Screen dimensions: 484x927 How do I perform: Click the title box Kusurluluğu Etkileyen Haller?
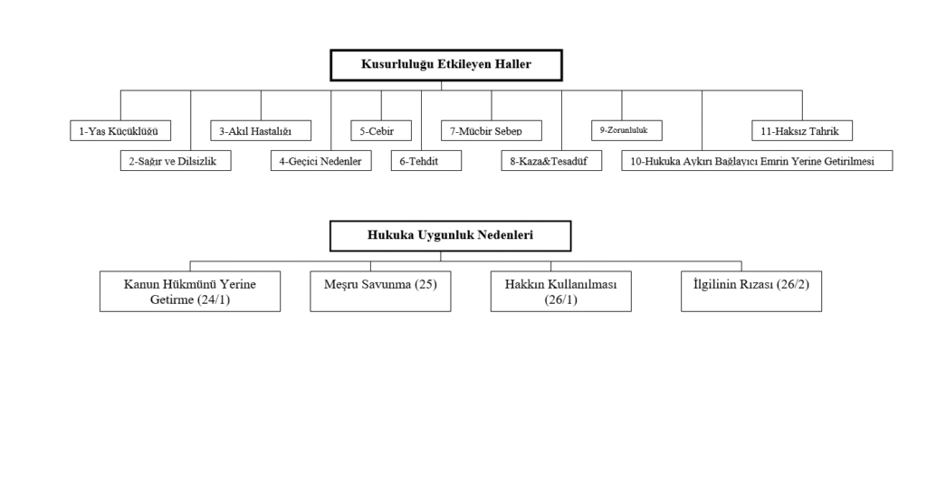coord(445,65)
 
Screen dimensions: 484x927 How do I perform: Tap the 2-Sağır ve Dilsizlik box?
coord(175,160)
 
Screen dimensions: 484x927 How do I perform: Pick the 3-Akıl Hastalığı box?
coord(261,131)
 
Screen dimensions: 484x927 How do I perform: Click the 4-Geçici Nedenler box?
coord(320,160)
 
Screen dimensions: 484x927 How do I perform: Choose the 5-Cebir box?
coord(381,131)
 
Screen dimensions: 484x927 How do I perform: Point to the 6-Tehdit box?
coord(425,160)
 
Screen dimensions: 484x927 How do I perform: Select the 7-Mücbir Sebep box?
coord(492,131)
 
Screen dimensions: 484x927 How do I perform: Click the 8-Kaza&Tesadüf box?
coord(551,160)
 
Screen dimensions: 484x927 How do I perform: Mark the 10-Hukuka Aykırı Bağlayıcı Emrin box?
coord(757,160)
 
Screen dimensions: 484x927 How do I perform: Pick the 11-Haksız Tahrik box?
coord(800,131)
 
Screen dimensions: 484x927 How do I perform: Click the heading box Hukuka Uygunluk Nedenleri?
coord(450,235)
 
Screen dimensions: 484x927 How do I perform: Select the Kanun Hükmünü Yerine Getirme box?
coord(190,291)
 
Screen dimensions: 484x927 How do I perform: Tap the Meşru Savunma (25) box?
coord(380,291)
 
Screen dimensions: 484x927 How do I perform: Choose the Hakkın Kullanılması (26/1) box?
coord(561,291)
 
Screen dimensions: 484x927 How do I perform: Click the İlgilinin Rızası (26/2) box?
coord(751,291)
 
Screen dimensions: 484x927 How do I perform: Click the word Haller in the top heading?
coord(509,65)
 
